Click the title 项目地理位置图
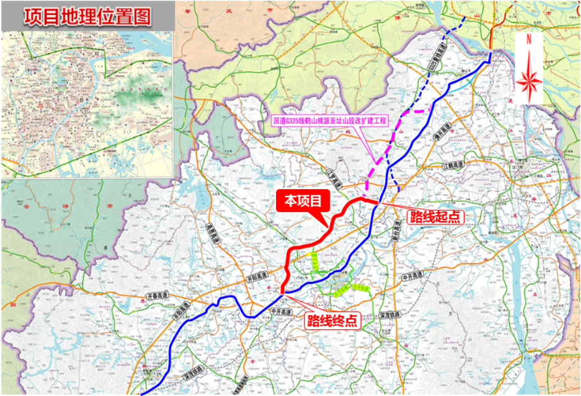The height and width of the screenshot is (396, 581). (87, 16)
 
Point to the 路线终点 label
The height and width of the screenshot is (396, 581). (332, 320)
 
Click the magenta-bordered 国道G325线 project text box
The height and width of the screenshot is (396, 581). (330, 121)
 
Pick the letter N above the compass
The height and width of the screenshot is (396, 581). (528, 39)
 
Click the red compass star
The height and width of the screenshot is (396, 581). (529, 81)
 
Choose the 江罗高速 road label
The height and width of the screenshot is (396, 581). (335, 179)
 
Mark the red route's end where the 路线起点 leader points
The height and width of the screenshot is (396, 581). (376, 201)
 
